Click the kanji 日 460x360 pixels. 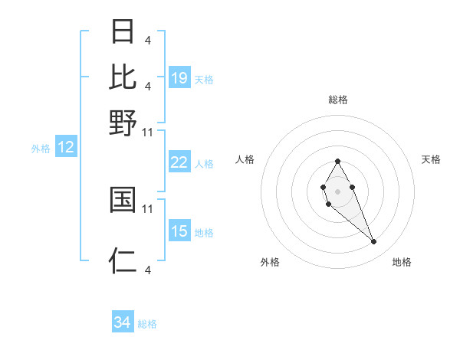pyautogui.click(x=123, y=32)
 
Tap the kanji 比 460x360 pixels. pyautogui.click(x=123, y=77)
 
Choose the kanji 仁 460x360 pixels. pyautogui.click(x=123, y=260)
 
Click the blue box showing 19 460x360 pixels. pyautogui.click(x=179, y=78)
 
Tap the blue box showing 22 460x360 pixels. pyautogui.click(x=179, y=162)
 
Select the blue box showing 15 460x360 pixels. pyautogui.click(x=179, y=231)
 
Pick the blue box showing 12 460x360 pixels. pyautogui.click(x=66, y=148)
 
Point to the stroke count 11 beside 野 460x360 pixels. pyautogui.click(x=148, y=133)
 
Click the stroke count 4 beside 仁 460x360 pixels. pyautogui.click(x=147, y=270)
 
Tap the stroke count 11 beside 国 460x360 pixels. pyautogui.click(x=148, y=208)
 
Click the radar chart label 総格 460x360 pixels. pyautogui.click(x=337, y=100)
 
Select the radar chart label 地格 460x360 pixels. pyautogui.click(x=402, y=262)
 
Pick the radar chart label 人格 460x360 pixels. pyautogui.click(x=245, y=159)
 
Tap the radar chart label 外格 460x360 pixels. pyautogui.click(x=270, y=262)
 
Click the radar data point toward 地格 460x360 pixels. pyautogui.click(x=374, y=242)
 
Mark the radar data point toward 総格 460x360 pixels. pyautogui.click(x=337, y=161)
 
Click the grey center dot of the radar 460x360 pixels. pyautogui.click(x=337, y=190)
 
